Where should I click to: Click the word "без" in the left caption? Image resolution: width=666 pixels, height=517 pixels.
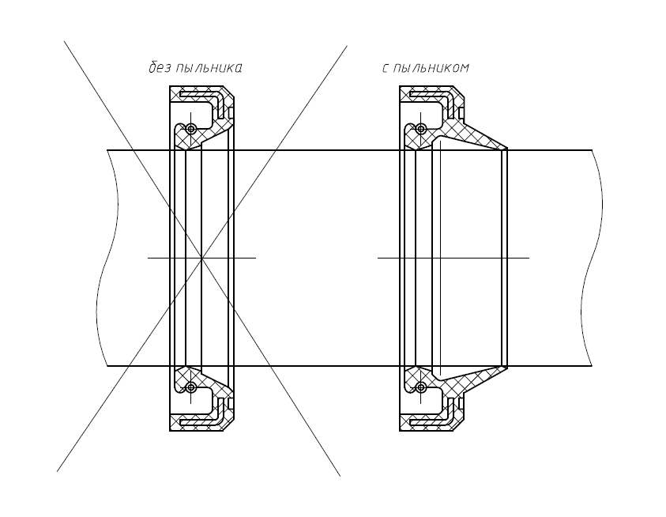[158, 68]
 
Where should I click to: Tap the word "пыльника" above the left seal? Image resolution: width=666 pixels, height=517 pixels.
[208, 68]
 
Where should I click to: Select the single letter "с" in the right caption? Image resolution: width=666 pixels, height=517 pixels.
[386, 69]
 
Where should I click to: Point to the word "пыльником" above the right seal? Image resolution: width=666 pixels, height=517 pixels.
[431, 68]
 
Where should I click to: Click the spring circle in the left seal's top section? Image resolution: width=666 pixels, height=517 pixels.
[190, 128]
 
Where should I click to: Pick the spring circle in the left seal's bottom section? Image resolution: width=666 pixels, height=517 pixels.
[190, 387]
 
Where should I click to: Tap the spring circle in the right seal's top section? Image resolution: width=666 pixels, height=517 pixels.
[420, 128]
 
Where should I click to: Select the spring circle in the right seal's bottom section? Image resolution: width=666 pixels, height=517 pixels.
[420, 387]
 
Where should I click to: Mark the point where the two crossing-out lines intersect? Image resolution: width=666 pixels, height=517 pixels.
[201, 258]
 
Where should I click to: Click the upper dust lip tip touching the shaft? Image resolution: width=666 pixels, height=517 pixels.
[506, 149]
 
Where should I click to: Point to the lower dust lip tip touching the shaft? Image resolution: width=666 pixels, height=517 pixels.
[506, 367]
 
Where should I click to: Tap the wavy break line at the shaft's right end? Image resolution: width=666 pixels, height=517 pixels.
[592, 258]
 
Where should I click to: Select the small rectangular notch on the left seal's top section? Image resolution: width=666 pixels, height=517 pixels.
[231, 113]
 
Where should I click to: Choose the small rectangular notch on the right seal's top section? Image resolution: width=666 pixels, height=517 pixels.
[461, 113]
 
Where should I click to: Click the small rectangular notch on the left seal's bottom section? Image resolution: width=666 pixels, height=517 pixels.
[231, 403]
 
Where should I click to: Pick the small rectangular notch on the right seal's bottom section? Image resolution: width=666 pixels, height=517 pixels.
[461, 403]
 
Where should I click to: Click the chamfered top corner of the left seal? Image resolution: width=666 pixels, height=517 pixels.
[229, 92]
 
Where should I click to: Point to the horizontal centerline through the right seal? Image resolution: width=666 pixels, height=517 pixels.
[453, 258]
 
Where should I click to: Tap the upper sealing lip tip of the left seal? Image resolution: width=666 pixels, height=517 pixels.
[187, 149]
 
